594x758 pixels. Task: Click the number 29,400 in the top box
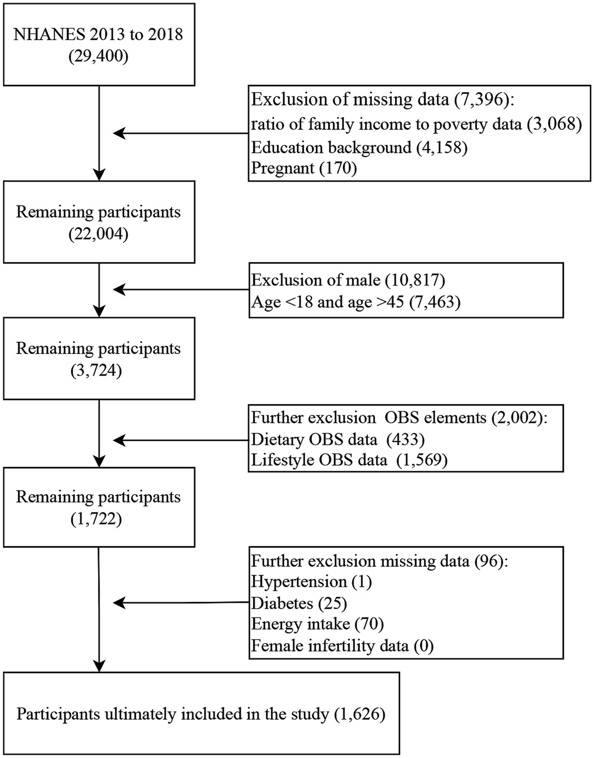pyautogui.click(x=99, y=56)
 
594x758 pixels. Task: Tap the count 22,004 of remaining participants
pyautogui.click(x=99, y=234)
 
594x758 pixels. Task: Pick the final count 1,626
pyautogui.click(x=360, y=714)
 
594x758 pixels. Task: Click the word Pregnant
pyautogui.click(x=283, y=168)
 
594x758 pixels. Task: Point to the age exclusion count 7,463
pyautogui.click(x=434, y=302)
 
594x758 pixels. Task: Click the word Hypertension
pyautogui.click(x=299, y=581)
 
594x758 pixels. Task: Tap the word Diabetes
pyautogui.click(x=282, y=603)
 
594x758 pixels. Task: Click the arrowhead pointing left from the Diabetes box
pyautogui.click(x=119, y=603)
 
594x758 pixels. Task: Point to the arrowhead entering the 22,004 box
pyautogui.click(x=99, y=175)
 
